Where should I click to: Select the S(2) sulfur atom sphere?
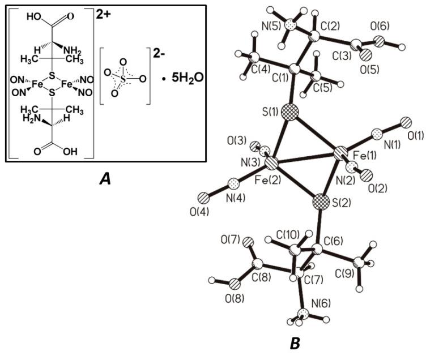click(x=322, y=201)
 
